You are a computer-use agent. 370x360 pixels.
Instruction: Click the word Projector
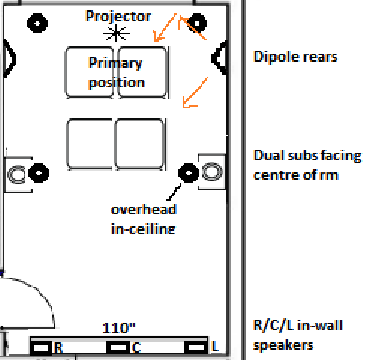118,17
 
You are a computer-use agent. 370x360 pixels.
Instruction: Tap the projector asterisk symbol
117,33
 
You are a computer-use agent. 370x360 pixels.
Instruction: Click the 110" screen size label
119,328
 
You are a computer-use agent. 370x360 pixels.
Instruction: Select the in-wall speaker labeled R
41,347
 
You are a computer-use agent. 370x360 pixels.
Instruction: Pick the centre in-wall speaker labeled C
118,347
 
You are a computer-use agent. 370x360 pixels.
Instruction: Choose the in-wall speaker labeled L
196,347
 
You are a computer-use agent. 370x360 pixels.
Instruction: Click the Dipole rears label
295,56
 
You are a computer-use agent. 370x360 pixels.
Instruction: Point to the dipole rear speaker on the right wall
219,58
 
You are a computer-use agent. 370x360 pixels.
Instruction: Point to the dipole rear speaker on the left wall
10,58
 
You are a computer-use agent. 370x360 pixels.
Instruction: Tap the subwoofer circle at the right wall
212,172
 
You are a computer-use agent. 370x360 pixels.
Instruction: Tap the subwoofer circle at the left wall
16,175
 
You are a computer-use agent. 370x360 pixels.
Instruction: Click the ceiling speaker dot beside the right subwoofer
189,173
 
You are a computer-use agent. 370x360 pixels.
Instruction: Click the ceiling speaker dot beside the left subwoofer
39,173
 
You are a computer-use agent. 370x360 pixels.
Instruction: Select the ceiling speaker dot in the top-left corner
37,23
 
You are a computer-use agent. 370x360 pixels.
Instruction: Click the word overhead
144,209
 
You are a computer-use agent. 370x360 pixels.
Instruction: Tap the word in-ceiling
143,229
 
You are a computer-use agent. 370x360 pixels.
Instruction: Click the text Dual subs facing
307,157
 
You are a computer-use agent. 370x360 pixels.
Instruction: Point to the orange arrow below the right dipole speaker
195,92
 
